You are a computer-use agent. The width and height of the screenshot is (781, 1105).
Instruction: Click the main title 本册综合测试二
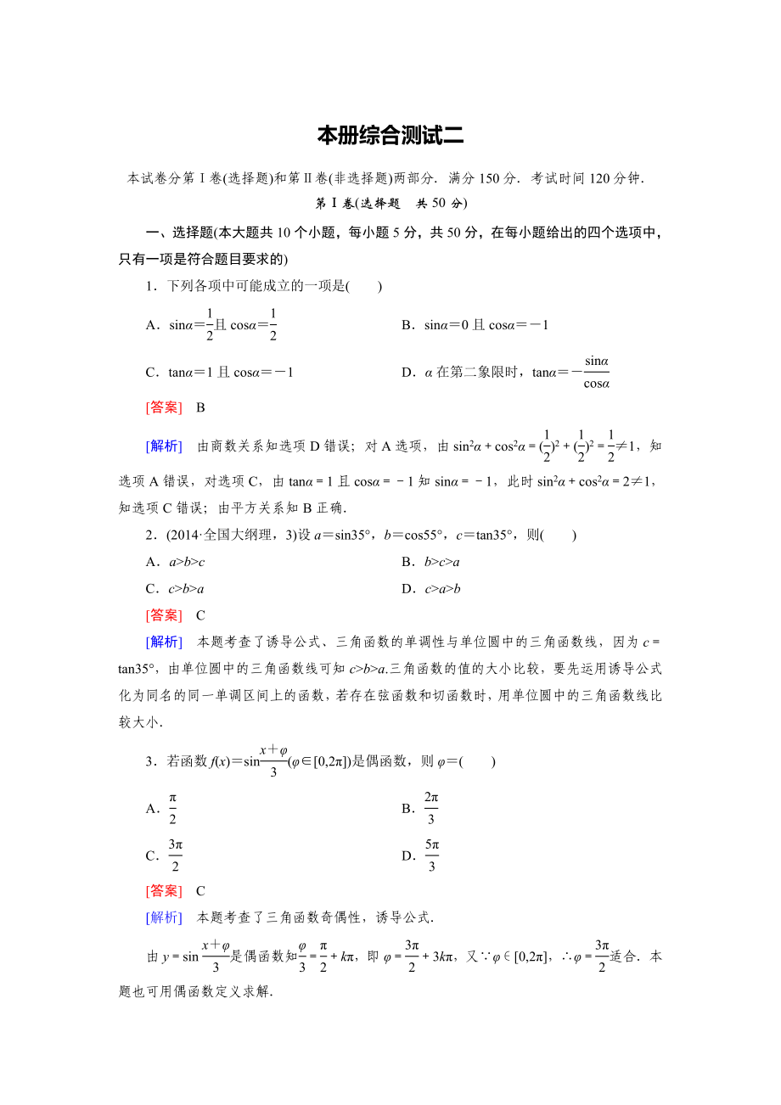[x=390, y=136]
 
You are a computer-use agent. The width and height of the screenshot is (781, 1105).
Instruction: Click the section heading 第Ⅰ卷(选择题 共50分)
[x=390, y=204]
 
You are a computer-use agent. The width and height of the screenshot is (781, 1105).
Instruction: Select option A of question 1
[x=212, y=324]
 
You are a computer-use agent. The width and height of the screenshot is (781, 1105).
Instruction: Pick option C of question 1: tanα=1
[x=220, y=372]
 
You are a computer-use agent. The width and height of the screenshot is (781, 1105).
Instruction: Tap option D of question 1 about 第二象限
[x=506, y=372]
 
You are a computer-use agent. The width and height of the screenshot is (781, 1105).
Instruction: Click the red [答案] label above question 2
[x=164, y=407]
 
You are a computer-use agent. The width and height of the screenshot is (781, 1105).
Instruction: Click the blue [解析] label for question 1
[x=164, y=446]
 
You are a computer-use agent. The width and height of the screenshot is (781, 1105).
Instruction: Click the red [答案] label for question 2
[x=164, y=615]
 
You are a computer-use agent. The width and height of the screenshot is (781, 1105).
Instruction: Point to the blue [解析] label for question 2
[x=164, y=642]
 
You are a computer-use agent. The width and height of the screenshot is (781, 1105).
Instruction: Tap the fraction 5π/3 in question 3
[x=431, y=855]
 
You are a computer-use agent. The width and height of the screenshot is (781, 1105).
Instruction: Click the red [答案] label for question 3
[x=164, y=891]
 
